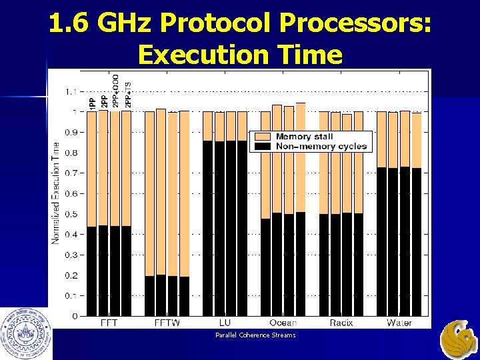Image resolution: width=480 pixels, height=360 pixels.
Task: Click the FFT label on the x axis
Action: pyautogui.click(x=110, y=323)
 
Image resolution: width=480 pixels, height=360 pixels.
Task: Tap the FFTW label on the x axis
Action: pyautogui.click(x=167, y=323)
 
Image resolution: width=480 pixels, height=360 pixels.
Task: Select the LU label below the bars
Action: pyautogui.click(x=225, y=323)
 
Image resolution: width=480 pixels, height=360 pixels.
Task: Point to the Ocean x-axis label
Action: pyautogui.click(x=283, y=323)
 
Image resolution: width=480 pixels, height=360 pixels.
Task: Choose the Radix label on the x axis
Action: pyautogui.click(x=341, y=323)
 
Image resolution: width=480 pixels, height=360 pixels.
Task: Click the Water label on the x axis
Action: pyautogui.click(x=399, y=323)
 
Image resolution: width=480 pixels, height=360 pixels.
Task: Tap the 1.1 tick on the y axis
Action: pyautogui.click(x=70, y=91)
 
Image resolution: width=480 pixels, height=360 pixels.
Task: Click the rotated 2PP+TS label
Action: pyautogui.click(x=128, y=92)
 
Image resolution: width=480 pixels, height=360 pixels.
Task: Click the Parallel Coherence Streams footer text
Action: pyautogui.click(x=255, y=335)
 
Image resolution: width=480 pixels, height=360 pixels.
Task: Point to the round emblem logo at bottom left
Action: pyautogui.click(x=26, y=333)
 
